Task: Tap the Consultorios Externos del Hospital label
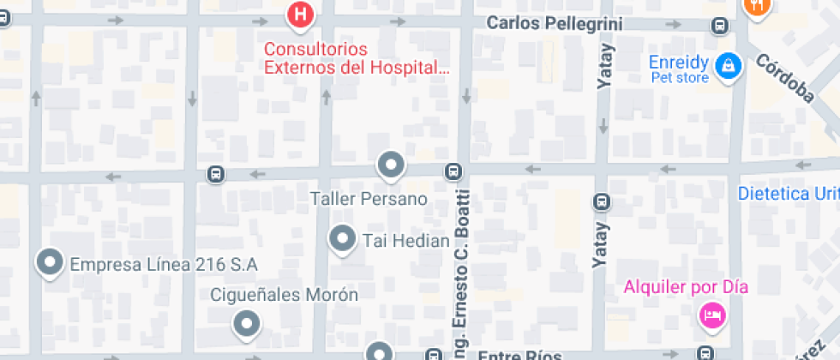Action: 356,58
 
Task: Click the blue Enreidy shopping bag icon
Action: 729,63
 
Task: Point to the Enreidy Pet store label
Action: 679,69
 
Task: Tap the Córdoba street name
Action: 783,79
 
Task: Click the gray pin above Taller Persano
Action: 391,165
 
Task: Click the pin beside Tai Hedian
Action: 343,239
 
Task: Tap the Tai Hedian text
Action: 406,241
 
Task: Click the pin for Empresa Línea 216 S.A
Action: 50,263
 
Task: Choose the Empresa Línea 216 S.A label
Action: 164,264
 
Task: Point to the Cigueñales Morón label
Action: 285,295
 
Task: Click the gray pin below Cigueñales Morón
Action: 247,324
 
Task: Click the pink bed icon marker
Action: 711,316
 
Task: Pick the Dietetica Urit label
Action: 788,194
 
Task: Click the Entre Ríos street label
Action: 507,355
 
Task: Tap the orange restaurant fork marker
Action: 758,5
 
